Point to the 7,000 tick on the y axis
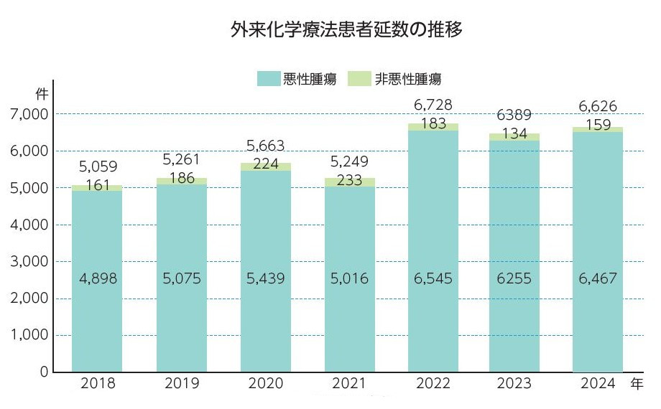pyautogui.click(x=29, y=114)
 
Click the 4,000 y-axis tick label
pyautogui.click(x=29, y=225)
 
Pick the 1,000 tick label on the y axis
pyautogui.click(x=29, y=335)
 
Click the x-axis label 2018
pyautogui.click(x=96, y=384)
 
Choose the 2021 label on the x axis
pyautogui.click(x=349, y=384)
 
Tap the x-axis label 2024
pyautogui.click(x=598, y=384)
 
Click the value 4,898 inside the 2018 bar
pyautogui.click(x=97, y=278)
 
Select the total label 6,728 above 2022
pyautogui.click(x=433, y=105)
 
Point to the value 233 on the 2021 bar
pyautogui.click(x=349, y=181)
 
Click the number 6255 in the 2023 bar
pyautogui.click(x=514, y=278)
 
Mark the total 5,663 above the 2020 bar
pyautogui.click(x=266, y=147)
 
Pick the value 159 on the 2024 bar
pyautogui.click(x=598, y=125)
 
